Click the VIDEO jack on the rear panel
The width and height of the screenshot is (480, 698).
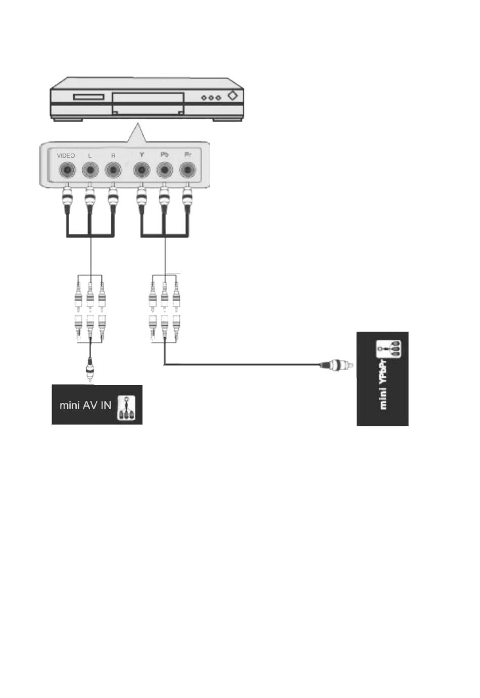[x=66, y=171]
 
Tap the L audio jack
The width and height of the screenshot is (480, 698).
[x=90, y=171]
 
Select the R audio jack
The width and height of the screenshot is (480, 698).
[x=113, y=171]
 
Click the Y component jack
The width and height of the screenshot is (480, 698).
[x=142, y=171]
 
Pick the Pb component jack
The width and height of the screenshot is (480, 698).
[x=164, y=171]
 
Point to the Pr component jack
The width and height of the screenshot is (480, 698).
[x=187, y=171]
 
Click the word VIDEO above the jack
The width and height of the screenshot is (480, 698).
[x=66, y=156]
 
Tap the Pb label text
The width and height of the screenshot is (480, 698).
[x=164, y=155]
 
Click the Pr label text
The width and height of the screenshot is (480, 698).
[x=187, y=155]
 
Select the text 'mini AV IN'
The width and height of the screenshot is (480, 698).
[x=85, y=405]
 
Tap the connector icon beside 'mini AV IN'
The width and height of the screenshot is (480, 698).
[x=126, y=408]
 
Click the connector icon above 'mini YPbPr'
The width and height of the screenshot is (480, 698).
[x=388, y=349]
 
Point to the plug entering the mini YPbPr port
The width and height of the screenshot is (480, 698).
[x=334, y=364]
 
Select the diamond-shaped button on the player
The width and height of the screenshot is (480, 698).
[x=232, y=95]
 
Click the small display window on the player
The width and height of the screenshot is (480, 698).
[x=89, y=97]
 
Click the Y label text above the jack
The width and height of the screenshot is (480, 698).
[x=142, y=155]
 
